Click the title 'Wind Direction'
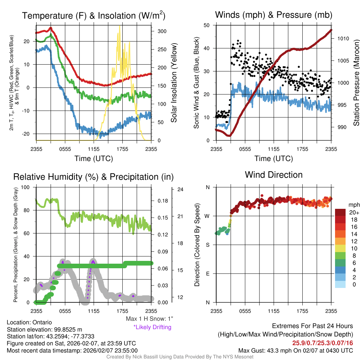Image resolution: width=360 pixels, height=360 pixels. tap(274, 175)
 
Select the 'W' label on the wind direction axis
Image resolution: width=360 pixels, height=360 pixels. tap(207, 216)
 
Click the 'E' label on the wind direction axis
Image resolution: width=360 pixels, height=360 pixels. tap(208, 274)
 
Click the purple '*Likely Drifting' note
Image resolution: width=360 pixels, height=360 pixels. tap(152, 327)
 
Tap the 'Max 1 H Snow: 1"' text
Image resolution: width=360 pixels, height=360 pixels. tap(150, 319)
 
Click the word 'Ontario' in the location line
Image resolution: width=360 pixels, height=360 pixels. tap(42, 322)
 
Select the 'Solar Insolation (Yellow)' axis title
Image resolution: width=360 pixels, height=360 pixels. tap(174, 83)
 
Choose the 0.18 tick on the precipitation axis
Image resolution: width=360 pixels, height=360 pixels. tap(163, 201)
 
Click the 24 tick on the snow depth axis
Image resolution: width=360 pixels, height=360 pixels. tap(180, 190)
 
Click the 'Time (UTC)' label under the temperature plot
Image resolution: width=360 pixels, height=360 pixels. tap(94, 159)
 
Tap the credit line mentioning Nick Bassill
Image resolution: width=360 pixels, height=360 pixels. tap(180, 357)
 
